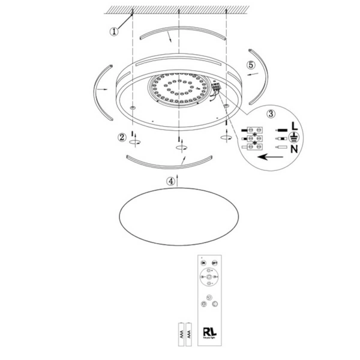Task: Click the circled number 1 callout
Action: tap(114, 32)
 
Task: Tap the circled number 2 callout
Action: tap(122, 137)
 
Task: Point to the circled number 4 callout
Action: tap(172, 179)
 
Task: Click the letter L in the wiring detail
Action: tap(294, 127)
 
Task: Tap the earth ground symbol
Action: tap(294, 137)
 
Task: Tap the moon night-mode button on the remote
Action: tap(209, 298)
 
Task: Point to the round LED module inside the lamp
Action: tap(178, 88)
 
